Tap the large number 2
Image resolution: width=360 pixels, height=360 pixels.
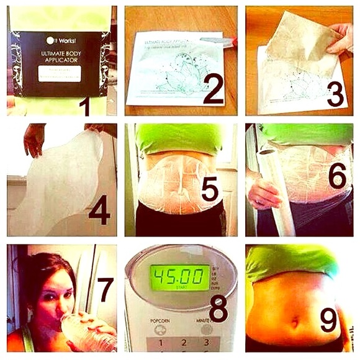click(212, 88)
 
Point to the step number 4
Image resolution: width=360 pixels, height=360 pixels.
click(99, 210)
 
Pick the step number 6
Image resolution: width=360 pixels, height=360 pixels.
click(337, 176)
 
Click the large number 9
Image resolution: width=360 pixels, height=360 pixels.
click(329, 320)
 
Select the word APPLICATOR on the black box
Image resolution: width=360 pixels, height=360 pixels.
click(60, 61)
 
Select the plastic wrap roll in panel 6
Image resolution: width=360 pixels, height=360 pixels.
click(273, 186)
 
